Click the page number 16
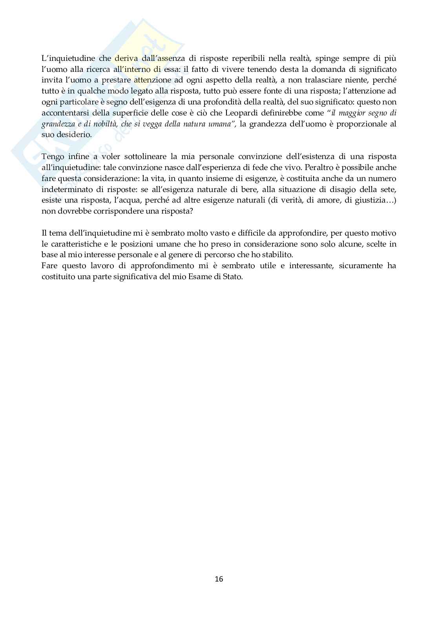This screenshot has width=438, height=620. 219,579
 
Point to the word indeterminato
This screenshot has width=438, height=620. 65,189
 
